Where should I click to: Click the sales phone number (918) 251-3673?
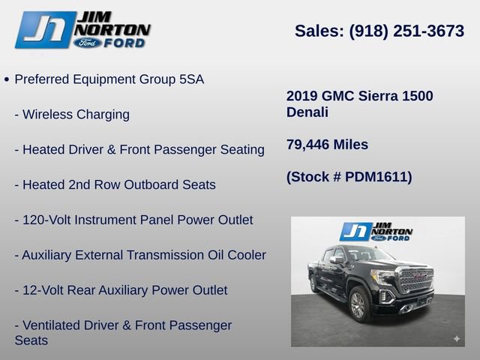click(406, 31)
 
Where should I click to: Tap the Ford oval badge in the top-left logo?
click(88, 43)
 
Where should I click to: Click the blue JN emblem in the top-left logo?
click(45, 30)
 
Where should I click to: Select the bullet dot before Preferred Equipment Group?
click(7, 79)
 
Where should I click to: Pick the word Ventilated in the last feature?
click(55, 325)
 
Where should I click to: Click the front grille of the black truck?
click(416, 280)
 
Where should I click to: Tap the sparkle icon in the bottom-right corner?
click(456, 339)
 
